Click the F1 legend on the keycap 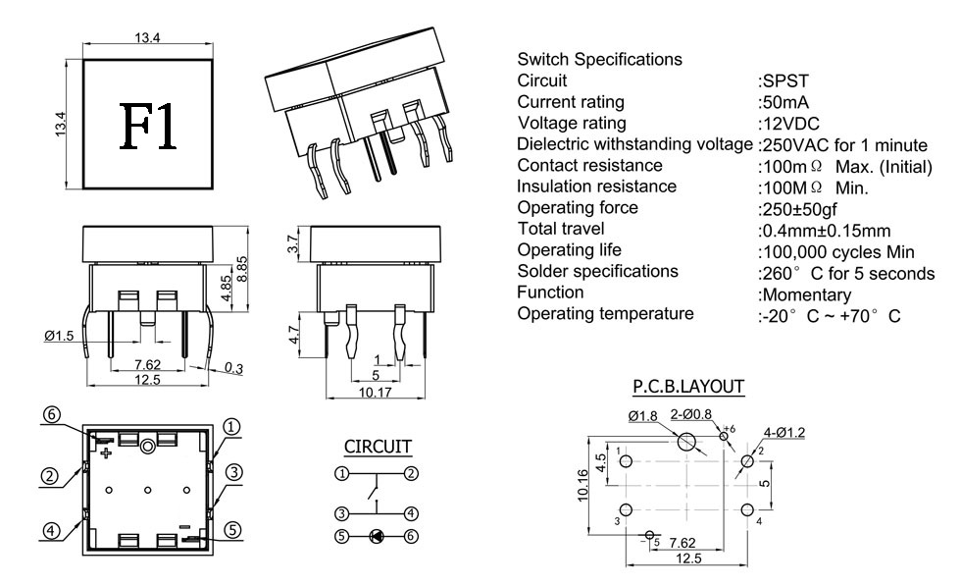click(150, 124)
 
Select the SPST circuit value click(783, 80)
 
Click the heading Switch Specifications click(599, 59)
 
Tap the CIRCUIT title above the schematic click(378, 447)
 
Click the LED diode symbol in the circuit click(376, 536)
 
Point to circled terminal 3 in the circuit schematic click(340, 513)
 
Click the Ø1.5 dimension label click(61, 336)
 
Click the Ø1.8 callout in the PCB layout click(643, 416)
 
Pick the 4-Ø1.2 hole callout click(784, 433)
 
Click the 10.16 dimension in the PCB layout click(584, 485)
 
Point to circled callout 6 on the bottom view click(52, 413)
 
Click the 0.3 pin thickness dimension click(233, 368)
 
